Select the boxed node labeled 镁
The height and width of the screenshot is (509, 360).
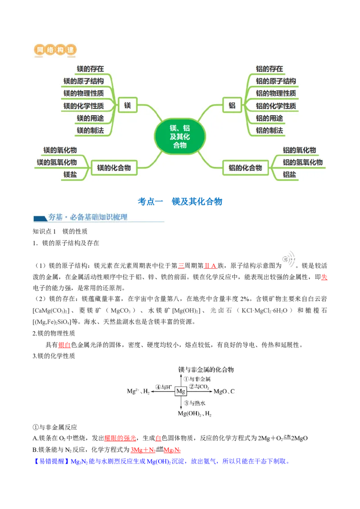point(127,106)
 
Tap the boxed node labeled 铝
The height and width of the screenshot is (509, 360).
point(232,106)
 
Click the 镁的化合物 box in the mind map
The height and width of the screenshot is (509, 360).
point(114,168)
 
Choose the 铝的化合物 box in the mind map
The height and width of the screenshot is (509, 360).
point(245,168)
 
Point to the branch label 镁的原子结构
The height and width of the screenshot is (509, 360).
point(84,81)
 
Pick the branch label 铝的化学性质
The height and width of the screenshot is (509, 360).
point(276,106)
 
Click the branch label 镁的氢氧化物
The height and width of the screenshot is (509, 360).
point(57,162)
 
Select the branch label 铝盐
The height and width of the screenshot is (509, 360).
point(289,174)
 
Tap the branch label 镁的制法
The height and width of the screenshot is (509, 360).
point(90,130)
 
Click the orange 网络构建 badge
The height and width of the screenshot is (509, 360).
point(56,50)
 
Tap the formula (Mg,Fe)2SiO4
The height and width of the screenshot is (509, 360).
point(52,322)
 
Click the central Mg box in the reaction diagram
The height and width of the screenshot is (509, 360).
point(180,391)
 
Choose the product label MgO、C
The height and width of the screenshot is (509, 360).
point(224,392)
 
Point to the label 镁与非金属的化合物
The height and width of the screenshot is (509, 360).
point(206,370)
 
